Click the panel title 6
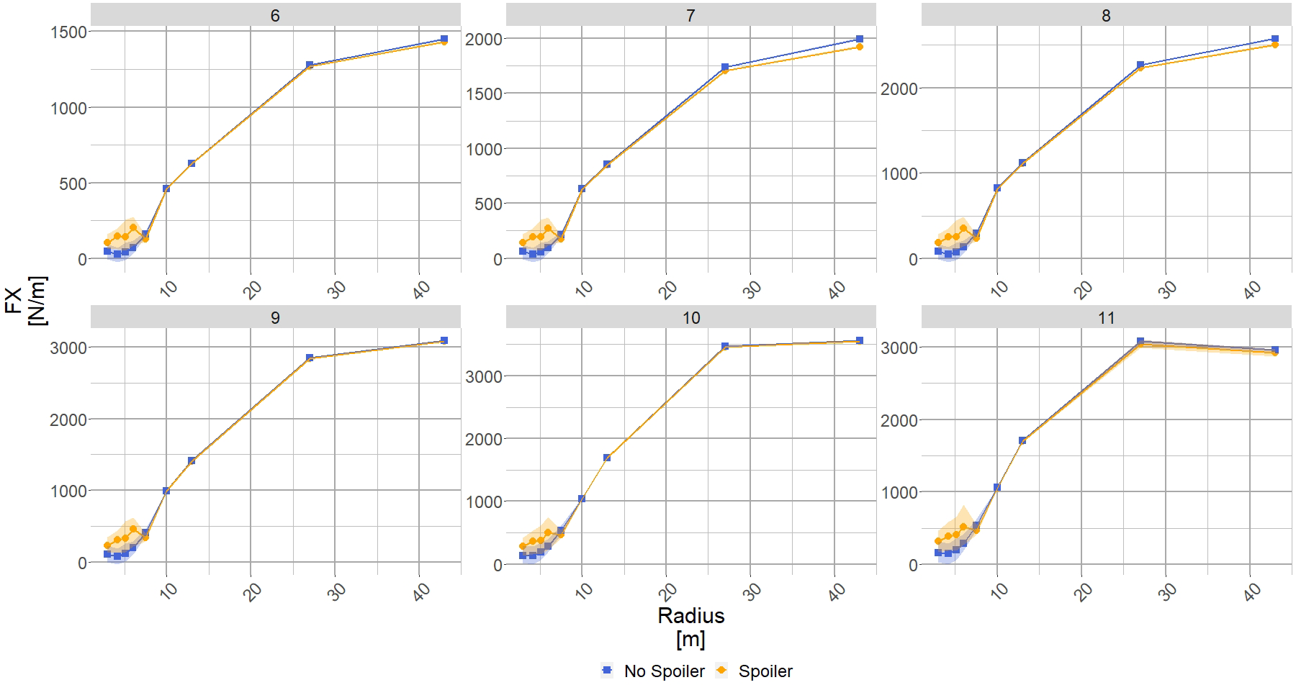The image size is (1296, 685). (x=275, y=15)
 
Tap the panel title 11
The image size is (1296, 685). (x=1106, y=317)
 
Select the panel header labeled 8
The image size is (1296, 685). (x=1106, y=15)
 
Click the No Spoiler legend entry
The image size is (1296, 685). (x=653, y=671)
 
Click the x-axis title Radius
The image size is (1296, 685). (x=690, y=616)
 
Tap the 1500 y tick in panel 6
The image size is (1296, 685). (x=68, y=32)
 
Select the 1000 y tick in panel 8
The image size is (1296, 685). (x=898, y=173)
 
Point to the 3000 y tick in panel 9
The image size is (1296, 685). (x=68, y=348)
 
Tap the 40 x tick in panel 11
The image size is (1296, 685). (x=1252, y=591)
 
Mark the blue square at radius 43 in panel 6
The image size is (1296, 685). (x=444, y=39)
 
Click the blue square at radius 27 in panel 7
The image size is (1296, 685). (x=725, y=67)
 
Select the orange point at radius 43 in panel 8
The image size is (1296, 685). (x=1274, y=45)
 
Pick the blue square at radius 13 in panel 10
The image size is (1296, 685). (x=607, y=458)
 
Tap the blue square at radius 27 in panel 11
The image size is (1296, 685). (x=1140, y=341)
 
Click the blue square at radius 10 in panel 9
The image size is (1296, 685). (x=166, y=491)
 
